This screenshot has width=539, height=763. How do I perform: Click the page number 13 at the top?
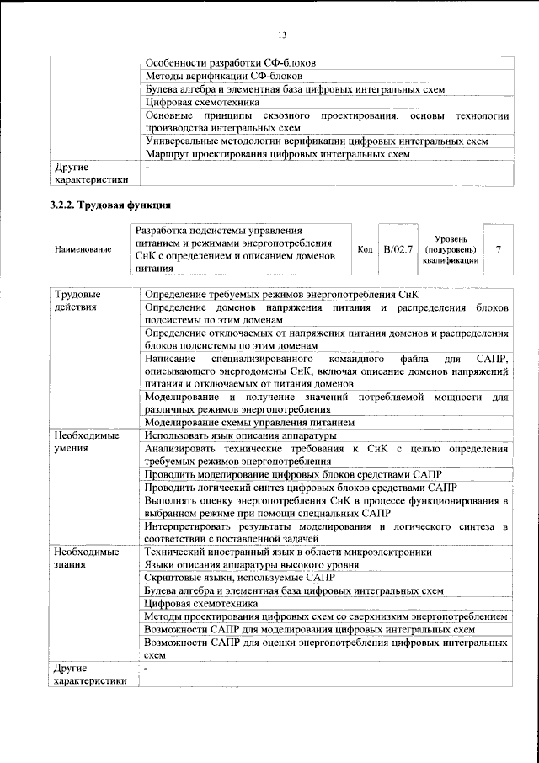(282, 34)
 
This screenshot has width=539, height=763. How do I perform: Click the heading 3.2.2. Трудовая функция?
(110, 205)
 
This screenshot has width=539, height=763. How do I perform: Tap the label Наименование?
(83, 250)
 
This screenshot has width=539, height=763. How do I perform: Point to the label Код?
(365, 249)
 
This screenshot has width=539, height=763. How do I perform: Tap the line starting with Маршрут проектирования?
(277, 155)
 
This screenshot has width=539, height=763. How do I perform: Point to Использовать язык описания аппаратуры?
(241, 435)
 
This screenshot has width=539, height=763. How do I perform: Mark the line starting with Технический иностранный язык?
(289, 552)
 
